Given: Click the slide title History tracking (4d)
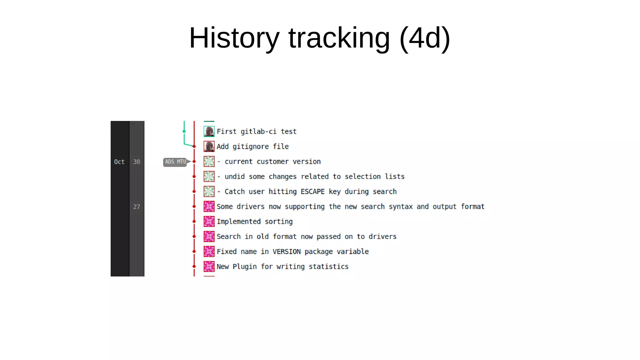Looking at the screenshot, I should (319, 38).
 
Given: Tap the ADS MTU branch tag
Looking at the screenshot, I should (175, 162).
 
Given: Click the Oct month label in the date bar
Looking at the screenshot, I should (119, 162).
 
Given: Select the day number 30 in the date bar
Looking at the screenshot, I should (137, 162).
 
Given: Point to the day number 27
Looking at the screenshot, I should (137, 207).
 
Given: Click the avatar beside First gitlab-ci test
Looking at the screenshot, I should (209, 132).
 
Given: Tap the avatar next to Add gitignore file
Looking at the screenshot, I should (209, 147).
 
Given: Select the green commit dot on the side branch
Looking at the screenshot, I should (184, 132).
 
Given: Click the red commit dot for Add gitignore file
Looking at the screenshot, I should (194, 147).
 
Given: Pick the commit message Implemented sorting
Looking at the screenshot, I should (255, 222).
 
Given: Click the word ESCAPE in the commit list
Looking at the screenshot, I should (312, 192).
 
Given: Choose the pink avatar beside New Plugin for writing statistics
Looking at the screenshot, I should (209, 267).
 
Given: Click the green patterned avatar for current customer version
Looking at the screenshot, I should (209, 162).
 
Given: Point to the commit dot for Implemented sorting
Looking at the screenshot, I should (194, 222).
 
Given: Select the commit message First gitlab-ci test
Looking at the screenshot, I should (257, 132).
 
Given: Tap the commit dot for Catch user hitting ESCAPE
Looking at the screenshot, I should (194, 192).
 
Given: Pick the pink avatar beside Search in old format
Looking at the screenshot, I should (209, 237).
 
